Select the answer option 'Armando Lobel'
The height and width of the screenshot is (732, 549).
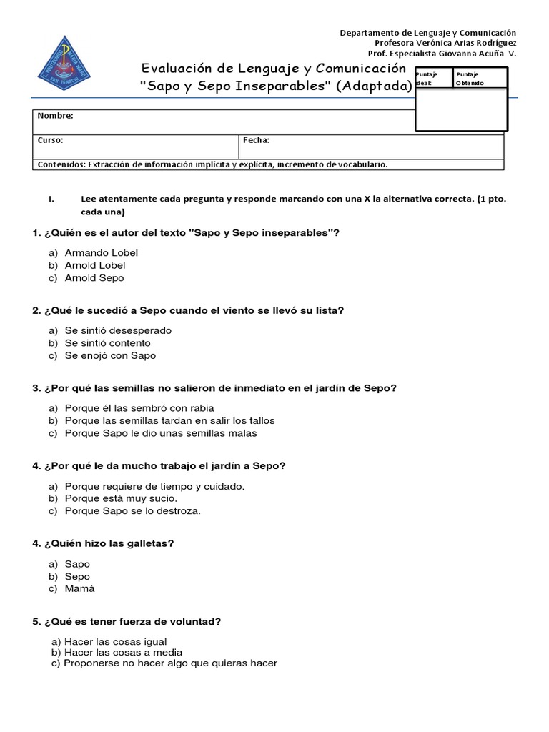(x=101, y=252)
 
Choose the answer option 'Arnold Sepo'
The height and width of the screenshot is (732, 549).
(x=94, y=278)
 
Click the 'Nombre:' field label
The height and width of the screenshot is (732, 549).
(x=55, y=116)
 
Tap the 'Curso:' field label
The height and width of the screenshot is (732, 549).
(x=50, y=140)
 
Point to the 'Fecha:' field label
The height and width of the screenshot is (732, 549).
(x=256, y=140)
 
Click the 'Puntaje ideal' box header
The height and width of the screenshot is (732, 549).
(x=432, y=78)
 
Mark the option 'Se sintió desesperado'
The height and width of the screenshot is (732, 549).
(x=118, y=330)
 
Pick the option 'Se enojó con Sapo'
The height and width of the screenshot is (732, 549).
(x=110, y=355)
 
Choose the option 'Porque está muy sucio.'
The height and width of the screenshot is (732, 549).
(x=121, y=498)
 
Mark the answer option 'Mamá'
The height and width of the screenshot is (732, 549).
(x=79, y=589)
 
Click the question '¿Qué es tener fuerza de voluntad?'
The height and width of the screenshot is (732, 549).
(x=127, y=622)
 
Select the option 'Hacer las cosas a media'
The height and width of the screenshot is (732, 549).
(x=123, y=652)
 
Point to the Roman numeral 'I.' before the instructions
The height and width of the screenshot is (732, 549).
(x=51, y=199)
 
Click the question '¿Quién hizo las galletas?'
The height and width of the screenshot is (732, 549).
(x=103, y=543)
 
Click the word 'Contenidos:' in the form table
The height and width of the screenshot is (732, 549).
(x=60, y=164)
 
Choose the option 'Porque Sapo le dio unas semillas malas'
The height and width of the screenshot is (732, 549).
(x=160, y=433)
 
